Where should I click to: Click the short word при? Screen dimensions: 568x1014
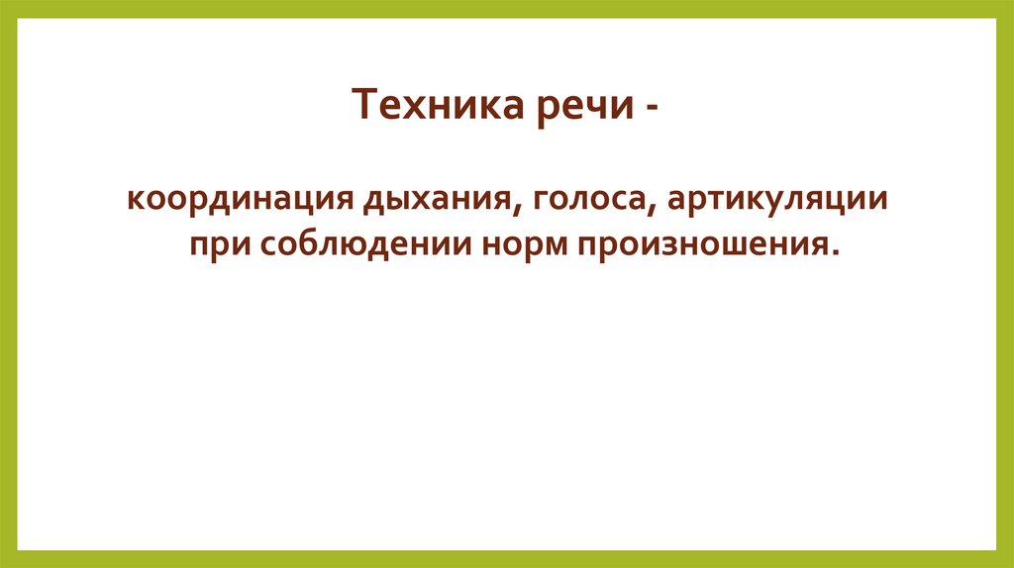[214, 243]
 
